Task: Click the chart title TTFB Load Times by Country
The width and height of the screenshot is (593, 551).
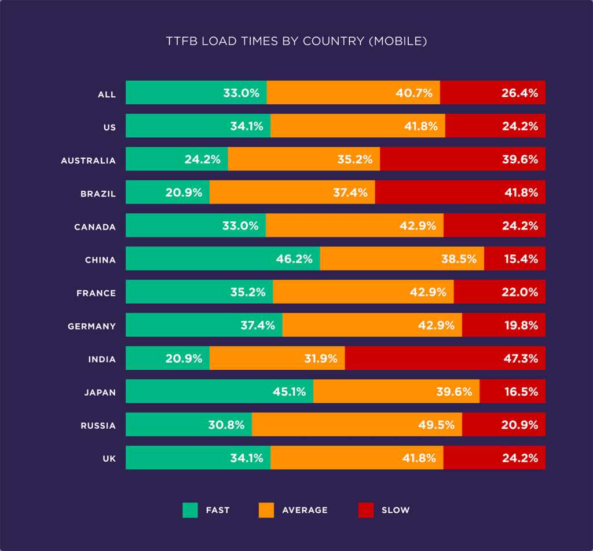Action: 296,42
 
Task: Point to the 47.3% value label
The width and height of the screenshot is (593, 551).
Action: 521,359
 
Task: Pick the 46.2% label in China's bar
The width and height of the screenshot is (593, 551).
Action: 294,259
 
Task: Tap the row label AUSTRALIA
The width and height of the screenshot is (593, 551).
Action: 89,160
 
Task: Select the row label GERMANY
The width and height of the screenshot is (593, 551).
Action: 91,326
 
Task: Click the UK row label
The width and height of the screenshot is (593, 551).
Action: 109,459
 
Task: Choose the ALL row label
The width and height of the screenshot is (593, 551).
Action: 107,94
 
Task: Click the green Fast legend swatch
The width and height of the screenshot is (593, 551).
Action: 190,510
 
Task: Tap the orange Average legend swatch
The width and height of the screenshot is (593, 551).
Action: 266,510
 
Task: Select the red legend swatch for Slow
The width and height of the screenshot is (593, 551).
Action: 366,510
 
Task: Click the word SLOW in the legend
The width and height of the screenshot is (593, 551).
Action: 396,510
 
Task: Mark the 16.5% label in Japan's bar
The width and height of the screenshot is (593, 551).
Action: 521,392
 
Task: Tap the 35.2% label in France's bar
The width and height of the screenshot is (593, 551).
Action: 248,293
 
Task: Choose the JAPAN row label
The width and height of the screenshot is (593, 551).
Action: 100,392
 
